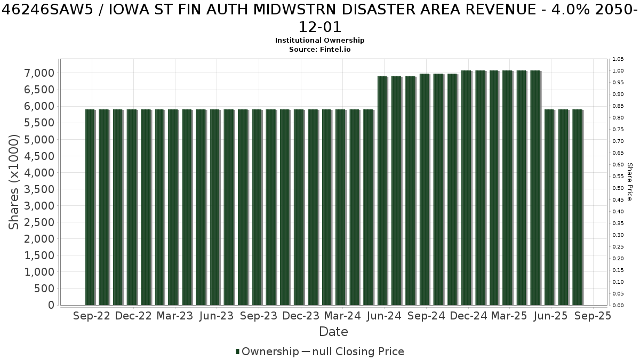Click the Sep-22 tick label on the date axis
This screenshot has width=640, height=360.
pos(91,316)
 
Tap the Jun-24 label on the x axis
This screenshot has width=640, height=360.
pos(384,316)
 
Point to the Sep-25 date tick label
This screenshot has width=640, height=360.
pos(593,316)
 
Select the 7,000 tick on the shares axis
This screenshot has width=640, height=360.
pos(39,73)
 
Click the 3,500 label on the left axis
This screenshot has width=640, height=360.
pos(39,189)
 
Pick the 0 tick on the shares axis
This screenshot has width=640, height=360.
pos(51,305)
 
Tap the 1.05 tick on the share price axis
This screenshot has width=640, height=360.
pos(618,59)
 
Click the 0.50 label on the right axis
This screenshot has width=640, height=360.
pos(618,188)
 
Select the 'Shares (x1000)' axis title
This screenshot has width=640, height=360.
pos(13,182)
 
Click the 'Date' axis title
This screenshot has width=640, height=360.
pos(333,332)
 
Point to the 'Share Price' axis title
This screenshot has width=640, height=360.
pos(630,182)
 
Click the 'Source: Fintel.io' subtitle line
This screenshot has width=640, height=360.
pos(319,50)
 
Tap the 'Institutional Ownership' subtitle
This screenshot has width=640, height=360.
pos(319,41)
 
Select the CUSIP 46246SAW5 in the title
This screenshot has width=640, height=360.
pos(47,10)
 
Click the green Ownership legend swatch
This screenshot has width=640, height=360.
pos(237,351)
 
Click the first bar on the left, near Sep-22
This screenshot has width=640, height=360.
pos(90,207)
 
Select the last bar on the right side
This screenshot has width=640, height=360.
pos(578,207)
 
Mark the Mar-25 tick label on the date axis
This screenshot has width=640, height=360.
pos(509,316)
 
